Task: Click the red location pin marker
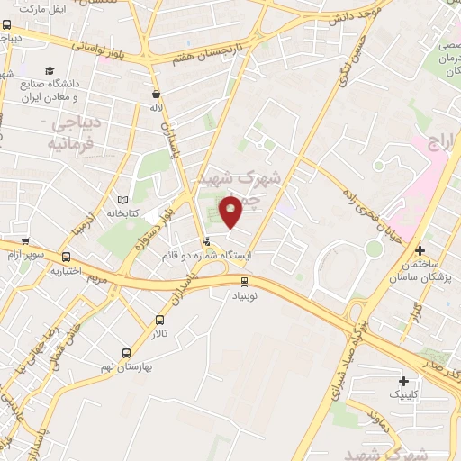tap(232, 212)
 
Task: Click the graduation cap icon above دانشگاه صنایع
tap(50, 70)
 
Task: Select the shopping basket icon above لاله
tap(157, 94)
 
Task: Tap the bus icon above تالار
tap(160, 320)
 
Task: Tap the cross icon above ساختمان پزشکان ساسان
tap(419, 249)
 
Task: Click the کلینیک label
tap(402, 395)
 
